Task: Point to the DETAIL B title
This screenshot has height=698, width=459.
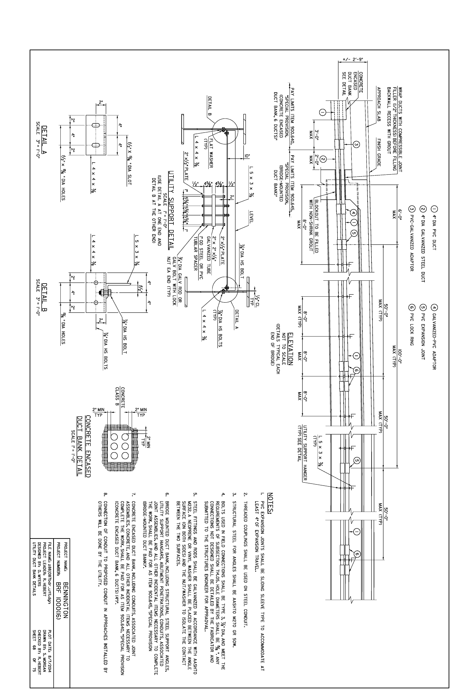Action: pos(45,297)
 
